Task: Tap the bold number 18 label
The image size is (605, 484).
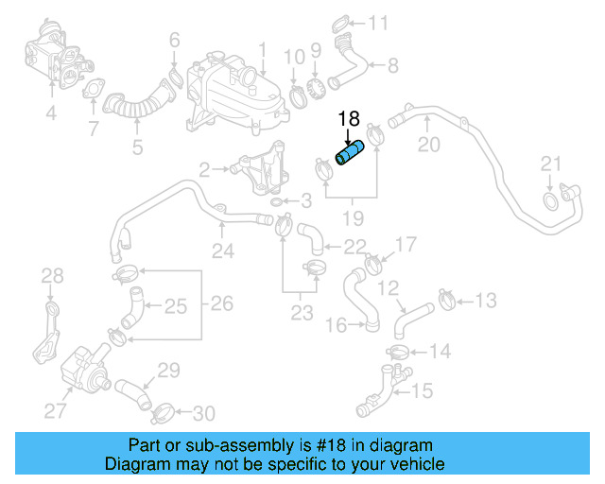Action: (x=349, y=119)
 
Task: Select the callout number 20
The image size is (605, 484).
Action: (x=429, y=145)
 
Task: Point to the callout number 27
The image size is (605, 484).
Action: (x=56, y=409)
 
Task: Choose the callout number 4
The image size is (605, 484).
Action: (x=51, y=115)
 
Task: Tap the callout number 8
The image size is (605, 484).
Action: (x=393, y=65)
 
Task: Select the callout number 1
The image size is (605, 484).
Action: (x=263, y=47)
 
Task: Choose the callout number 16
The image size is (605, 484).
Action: (x=337, y=325)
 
